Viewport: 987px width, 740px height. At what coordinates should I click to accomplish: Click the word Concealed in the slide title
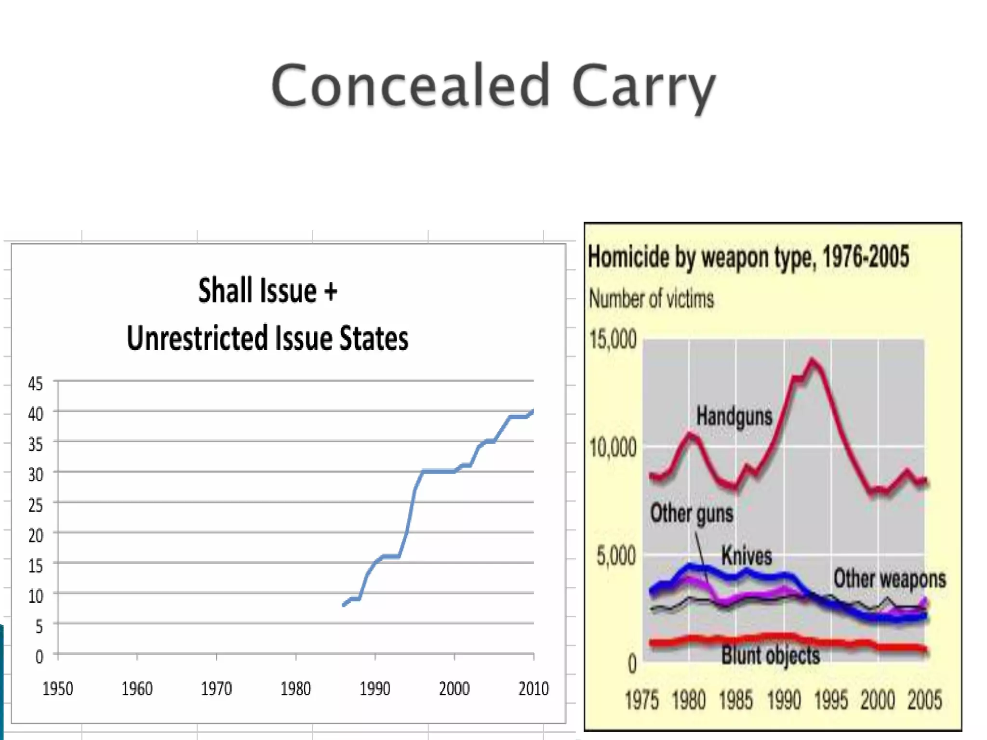[x=410, y=86]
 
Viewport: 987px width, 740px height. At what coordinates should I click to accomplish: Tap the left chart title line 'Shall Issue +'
[x=267, y=291]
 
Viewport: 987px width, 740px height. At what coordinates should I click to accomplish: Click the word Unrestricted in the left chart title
[x=197, y=338]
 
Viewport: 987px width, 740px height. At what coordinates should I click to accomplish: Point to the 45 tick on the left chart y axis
[x=35, y=383]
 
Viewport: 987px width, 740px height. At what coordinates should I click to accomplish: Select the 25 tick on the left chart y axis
[x=35, y=505]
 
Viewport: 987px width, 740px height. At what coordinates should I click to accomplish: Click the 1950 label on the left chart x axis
[x=58, y=688]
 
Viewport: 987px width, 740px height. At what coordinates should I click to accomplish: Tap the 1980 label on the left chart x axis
[x=295, y=688]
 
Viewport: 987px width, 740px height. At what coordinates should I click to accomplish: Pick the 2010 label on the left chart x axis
[x=534, y=688]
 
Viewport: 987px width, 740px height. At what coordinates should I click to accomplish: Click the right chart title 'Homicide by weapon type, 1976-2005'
[x=748, y=257]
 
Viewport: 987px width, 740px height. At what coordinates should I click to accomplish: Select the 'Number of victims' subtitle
[x=651, y=299]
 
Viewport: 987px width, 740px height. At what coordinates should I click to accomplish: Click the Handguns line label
[x=734, y=416]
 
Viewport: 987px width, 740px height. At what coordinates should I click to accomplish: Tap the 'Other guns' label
[x=692, y=513]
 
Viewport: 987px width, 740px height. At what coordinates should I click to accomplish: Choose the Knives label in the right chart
[x=747, y=555]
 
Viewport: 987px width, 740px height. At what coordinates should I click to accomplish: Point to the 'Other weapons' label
[x=890, y=579]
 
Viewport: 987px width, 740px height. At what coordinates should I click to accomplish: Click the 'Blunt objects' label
[x=770, y=656]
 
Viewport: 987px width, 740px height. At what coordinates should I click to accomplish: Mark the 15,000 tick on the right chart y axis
[x=613, y=339]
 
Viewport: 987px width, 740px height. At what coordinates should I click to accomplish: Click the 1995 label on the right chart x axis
[x=830, y=700]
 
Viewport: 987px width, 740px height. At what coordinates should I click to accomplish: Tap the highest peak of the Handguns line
[x=813, y=360]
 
